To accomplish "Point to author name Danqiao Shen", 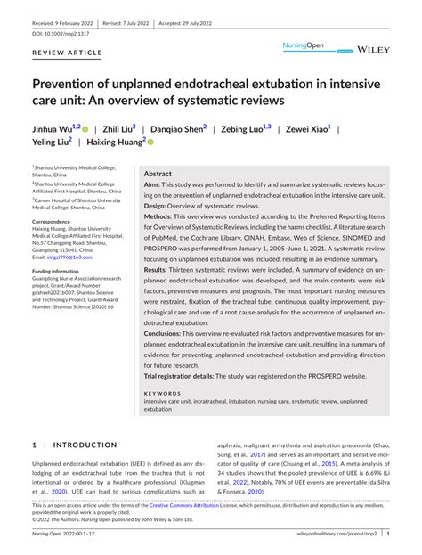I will coord(177,129).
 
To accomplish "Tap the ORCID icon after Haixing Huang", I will coord(151,142).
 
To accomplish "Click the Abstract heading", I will coord(158,175).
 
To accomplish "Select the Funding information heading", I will coord(61,271).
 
